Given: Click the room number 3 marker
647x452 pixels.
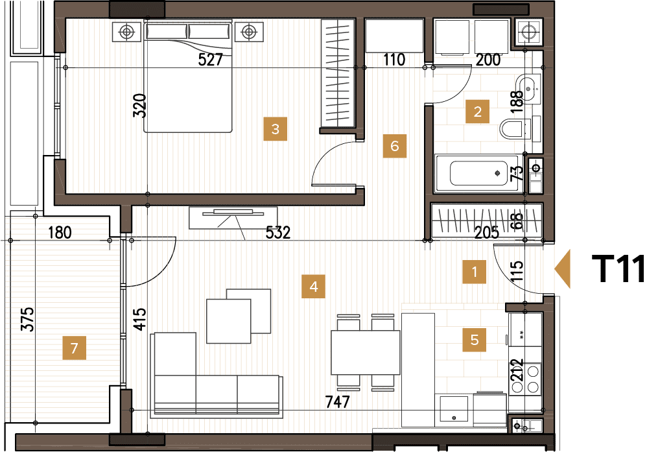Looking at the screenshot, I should (x=275, y=129).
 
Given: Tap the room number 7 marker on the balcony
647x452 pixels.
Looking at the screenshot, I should (x=74, y=349).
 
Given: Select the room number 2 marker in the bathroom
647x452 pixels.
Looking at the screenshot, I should (x=477, y=112).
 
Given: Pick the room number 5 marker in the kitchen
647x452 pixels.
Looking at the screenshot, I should (x=475, y=339).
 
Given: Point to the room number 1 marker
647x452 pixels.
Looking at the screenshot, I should (x=474, y=272).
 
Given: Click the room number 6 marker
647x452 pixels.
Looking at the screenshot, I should (x=394, y=146).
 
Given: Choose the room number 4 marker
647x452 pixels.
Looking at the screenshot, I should (x=314, y=286).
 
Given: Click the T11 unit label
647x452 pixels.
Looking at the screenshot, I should (x=618, y=270).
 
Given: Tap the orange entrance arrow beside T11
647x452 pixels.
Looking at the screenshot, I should (x=562, y=269).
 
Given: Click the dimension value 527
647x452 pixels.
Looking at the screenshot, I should (x=210, y=60).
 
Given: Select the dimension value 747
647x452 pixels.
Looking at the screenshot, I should (x=336, y=402).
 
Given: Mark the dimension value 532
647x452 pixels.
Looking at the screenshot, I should (x=277, y=232).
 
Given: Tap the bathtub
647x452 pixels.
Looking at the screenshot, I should (x=477, y=173).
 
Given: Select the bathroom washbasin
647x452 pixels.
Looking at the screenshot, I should (x=530, y=89).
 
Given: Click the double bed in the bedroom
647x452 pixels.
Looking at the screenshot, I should (x=188, y=77).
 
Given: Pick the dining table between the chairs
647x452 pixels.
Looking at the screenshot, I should (x=365, y=352).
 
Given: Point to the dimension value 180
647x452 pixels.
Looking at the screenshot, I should (x=60, y=232).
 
